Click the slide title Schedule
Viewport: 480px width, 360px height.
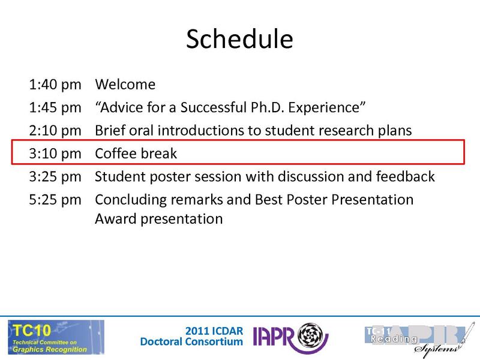(239, 39)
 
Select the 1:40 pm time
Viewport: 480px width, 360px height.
(55, 85)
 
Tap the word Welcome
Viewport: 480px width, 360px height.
(125, 85)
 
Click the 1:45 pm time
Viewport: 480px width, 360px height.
(55, 107)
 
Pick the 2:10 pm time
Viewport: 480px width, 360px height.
(55, 130)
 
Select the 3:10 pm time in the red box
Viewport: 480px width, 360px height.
(55, 153)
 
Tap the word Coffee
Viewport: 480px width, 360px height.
(116, 153)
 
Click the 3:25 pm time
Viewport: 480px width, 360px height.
(55, 176)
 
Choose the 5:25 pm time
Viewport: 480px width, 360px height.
(55, 199)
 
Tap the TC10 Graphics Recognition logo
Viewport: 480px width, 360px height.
(55, 337)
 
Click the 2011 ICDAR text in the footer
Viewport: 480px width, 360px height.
(214, 331)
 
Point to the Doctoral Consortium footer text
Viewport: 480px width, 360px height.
(191, 342)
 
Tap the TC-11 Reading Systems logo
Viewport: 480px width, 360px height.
(415, 338)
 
